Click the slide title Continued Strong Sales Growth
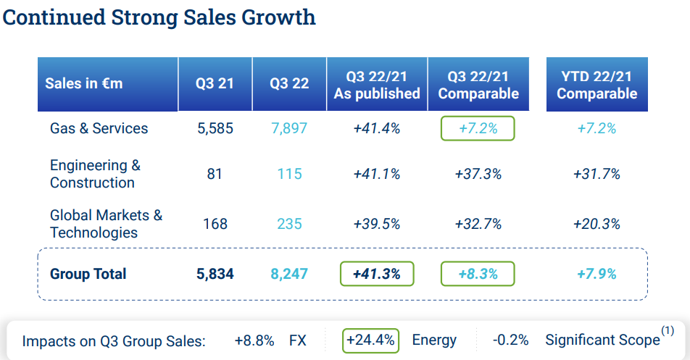tap(159, 17)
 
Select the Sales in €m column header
tap(84, 83)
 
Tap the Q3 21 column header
tap(215, 83)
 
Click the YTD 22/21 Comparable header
tap(597, 85)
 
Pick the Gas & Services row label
tap(99, 128)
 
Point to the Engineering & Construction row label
tap(94, 174)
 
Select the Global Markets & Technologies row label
tap(106, 224)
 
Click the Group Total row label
tap(88, 274)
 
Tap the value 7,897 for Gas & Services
tap(289, 128)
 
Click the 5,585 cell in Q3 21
tap(215, 128)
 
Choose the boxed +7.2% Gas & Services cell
tap(478, 128)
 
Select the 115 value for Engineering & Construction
tap(289, 174)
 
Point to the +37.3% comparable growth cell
tap(478, 174)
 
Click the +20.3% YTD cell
tap(597, 224)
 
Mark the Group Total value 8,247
tap(289, 274)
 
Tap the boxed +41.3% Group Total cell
tap(377, 274)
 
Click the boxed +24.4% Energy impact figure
tap(371, 340)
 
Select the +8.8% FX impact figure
tap(254, 340)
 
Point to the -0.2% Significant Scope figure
tap(510, 340)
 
